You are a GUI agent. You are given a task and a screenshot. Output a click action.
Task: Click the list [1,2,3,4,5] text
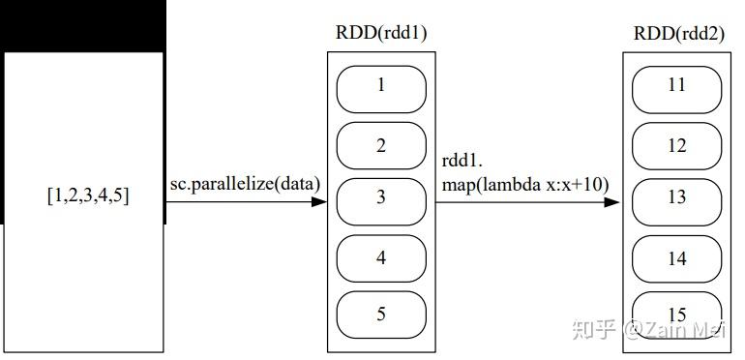[88, 195]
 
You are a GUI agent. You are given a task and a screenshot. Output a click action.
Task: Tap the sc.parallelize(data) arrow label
[245, 183]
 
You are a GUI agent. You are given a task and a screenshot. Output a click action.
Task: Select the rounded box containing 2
[381, 145]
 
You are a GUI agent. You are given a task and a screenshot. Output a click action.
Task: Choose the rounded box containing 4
[381, 258]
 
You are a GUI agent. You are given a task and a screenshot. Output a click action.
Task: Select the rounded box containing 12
[677, 145]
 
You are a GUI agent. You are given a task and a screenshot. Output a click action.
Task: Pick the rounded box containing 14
[677, 258]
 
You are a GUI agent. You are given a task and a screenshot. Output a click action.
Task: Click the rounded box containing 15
[677, 315]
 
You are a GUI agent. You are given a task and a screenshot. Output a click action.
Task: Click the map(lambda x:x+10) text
[525, 183]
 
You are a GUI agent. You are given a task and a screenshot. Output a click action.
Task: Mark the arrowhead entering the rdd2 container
[612, 202]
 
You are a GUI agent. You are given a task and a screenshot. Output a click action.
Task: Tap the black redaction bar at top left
[83, 25]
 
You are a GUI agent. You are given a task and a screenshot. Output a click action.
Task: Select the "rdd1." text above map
[462, 161]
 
